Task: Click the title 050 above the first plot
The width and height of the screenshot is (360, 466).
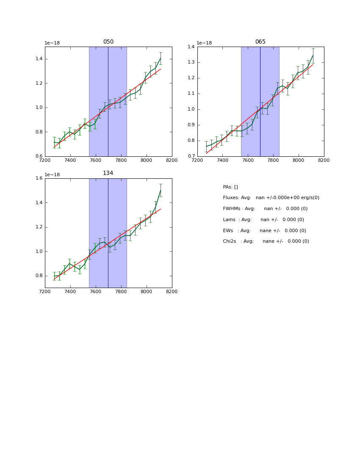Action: pos(108,42)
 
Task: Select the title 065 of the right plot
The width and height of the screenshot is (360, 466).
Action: pos(260,42)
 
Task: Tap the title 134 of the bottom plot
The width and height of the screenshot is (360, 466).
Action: pos(108,173)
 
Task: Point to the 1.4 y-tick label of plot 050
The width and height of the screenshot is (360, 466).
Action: pos(39,59)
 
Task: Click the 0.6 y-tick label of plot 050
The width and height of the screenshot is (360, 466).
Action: pos(39,156)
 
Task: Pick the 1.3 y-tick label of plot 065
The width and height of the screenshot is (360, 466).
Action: pos(191,62)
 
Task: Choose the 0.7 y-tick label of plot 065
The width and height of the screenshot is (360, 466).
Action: pos(191,156)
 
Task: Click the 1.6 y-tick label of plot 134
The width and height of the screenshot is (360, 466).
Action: pos(39,178)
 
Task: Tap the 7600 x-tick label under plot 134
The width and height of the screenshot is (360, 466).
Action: pos(96,291)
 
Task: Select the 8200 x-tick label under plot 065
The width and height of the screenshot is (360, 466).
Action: pos(324,160)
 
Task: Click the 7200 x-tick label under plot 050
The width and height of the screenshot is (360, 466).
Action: pos(45,160)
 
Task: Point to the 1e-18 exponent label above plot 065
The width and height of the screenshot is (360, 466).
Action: pos(204,43)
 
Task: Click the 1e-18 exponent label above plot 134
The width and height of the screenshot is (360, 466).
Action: pos(52,175)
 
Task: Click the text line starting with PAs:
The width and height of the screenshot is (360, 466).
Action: pos(230,187)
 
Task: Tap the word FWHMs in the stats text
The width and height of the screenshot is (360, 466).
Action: pos(232,209)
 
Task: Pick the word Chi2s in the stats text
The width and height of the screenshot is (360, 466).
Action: pos(230,241)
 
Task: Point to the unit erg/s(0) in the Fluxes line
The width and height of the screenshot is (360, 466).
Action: pos(306,198)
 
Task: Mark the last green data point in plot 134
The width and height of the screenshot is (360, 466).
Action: pos(161,190)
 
